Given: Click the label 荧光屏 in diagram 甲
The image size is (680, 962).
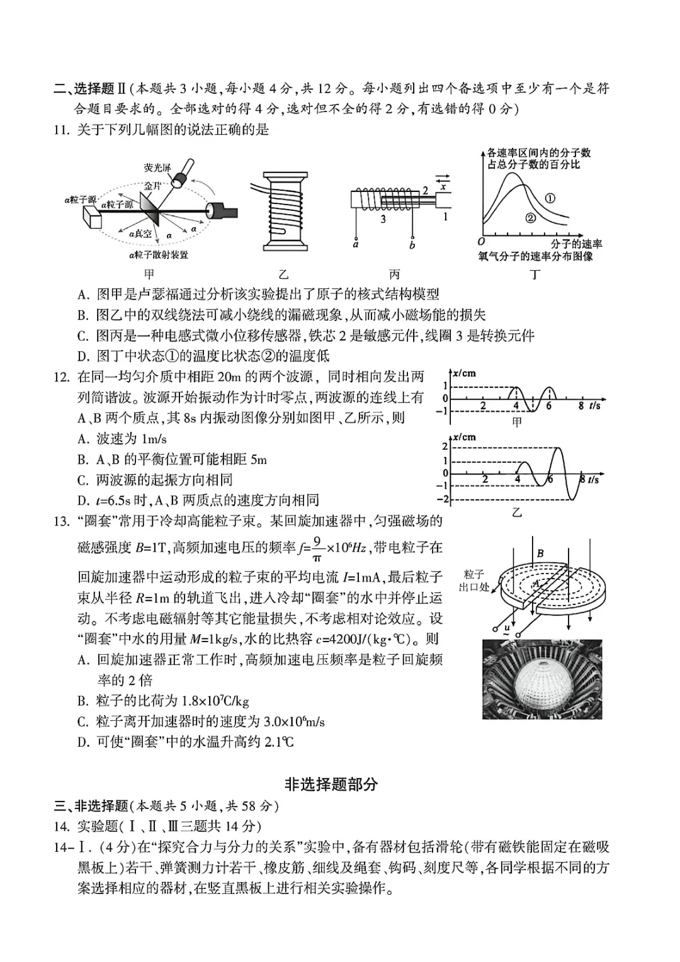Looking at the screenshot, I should pyautogui.click(x=157, y=167).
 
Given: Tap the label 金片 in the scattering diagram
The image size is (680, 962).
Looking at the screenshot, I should pyautogui.click(x=152, y=186).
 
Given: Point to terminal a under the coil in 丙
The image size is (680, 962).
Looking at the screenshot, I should pyautogui.click(x=356, y=244).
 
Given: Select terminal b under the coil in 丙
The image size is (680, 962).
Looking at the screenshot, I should pyautogui.click(x=412, y=245).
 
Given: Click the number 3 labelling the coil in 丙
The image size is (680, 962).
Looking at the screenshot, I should pyautogui.click(x=383, y=219).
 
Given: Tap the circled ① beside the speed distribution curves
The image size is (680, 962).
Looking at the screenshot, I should pyautogui.click(x=549, y=198).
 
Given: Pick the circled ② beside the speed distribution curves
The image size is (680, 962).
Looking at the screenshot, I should pyautogui.click(x=530, y=218).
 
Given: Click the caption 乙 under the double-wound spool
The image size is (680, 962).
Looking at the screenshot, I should pyautogui.click(x=284, y=274).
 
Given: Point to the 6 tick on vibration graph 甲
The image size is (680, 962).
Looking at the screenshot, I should pyautogui.click(x=548, y=406).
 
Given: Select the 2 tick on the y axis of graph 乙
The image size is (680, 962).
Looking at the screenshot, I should pyautogui.click(x=445, y=447).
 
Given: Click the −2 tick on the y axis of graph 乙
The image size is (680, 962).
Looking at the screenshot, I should pyautogui.click(x=443, y=499).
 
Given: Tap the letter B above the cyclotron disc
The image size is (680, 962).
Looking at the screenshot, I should pyautogui.click(x=540, y=553).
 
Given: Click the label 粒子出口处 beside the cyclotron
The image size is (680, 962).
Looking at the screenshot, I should pyautogui.click(x=473, y=580).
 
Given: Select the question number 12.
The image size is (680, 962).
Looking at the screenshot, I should pyautogui.click(x=60, y=377).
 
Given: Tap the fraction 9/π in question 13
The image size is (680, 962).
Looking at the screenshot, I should pyautogui.click(x=317, y=548).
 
